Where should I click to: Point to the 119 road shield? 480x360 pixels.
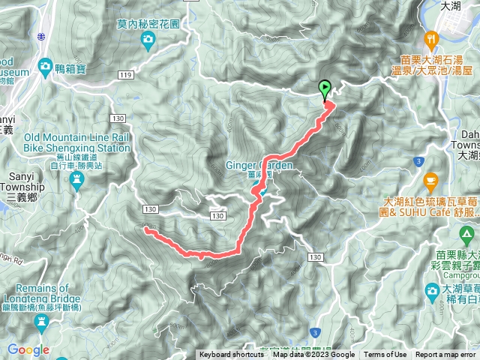pos(125,76)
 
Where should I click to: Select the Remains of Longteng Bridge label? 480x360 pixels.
pos(46,293)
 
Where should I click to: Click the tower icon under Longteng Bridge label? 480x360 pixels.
pos(42,322)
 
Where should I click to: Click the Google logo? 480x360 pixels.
pos(28,349)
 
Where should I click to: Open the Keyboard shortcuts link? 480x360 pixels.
pos(231,355)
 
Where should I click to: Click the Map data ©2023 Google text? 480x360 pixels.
pos(313,355)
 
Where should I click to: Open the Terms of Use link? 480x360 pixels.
pos(385,355)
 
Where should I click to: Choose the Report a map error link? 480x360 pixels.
pos(445,355)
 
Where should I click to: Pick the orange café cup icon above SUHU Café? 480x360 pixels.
pos(430,180)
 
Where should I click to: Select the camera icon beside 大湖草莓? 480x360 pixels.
pos(432,290)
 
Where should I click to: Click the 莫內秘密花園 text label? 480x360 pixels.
pos(149,24)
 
